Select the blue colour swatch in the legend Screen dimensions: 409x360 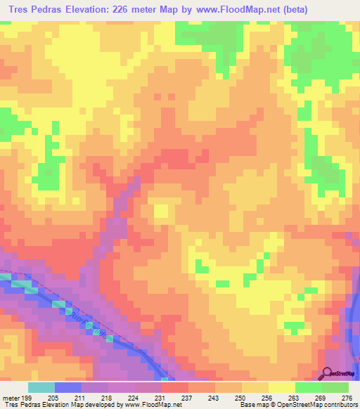(68, 387)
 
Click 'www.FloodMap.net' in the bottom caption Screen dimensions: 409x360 (147, 405)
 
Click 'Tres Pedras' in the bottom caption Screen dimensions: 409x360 (20, 405)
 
